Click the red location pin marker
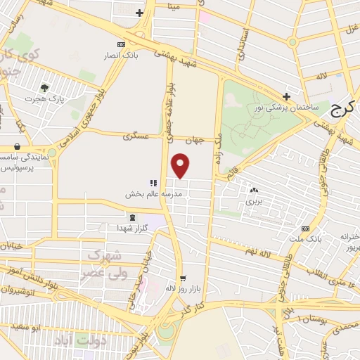click(181, 166)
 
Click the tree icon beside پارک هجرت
click(45, 89)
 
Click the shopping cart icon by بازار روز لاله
click(183, 278)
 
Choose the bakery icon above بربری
click(253, 190)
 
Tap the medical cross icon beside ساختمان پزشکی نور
click(285, 96)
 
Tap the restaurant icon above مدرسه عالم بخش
click(153, 183)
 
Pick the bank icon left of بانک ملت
click(305, 229)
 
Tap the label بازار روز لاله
click(169, 288)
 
